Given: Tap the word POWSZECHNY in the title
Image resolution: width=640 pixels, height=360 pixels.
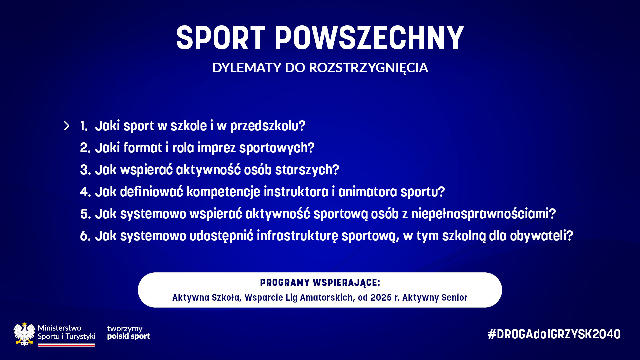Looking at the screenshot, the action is point(369,38).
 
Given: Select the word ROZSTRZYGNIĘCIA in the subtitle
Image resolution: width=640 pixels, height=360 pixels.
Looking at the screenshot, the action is point(368,68).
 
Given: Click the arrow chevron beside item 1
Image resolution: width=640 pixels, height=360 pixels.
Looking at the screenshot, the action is point(67,126).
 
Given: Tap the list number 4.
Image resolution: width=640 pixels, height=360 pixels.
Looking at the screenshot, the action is point(85,192).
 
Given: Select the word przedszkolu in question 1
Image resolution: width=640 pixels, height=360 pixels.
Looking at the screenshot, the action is point(268,126).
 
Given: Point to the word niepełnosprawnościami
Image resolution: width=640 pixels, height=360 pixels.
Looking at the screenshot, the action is point(483,214).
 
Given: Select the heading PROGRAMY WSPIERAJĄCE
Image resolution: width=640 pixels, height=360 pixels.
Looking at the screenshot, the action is point(320,283).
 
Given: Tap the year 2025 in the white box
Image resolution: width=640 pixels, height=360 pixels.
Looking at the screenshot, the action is point(381,297).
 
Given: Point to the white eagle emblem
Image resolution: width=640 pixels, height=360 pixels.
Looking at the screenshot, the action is point(24,334).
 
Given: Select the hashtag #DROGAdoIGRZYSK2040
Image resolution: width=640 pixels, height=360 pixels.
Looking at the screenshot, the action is point(554,334).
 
